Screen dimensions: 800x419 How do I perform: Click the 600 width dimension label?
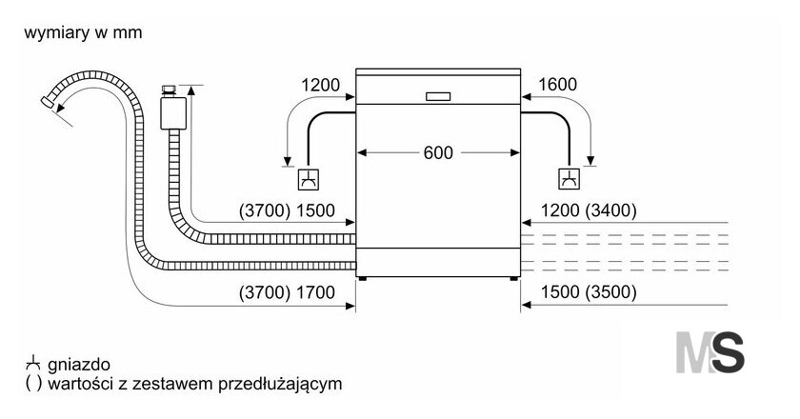pos(438,152)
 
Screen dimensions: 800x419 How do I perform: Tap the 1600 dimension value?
pos(558,84)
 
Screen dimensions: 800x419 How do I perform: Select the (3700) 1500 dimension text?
pos(287,210)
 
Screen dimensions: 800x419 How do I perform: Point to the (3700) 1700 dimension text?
pos(287,292)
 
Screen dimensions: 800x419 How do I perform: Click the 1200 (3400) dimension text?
pos(589,210)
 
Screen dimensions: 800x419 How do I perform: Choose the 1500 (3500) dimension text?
pos(589,292)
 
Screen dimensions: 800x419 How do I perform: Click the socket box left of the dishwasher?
pos(310,179)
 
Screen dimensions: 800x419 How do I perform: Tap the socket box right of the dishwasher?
pos(570,179)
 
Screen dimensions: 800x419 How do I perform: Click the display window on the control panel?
pos(438,96)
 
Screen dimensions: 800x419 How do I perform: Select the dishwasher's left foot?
pos(362,279)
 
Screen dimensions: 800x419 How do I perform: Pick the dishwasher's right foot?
pos(513,279)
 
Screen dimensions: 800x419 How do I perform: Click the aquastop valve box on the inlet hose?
pos(173,113)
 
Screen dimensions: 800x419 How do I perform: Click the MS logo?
pos(710,352)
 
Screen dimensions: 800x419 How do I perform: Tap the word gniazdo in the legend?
pos(79,365)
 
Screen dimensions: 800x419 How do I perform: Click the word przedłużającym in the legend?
pos(280,384)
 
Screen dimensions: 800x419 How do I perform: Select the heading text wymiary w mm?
pos(83,32)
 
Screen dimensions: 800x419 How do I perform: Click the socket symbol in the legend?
pos(32,363)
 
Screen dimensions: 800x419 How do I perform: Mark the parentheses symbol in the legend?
pos(33,384)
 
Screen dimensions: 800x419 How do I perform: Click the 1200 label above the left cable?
pos(320,85)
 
